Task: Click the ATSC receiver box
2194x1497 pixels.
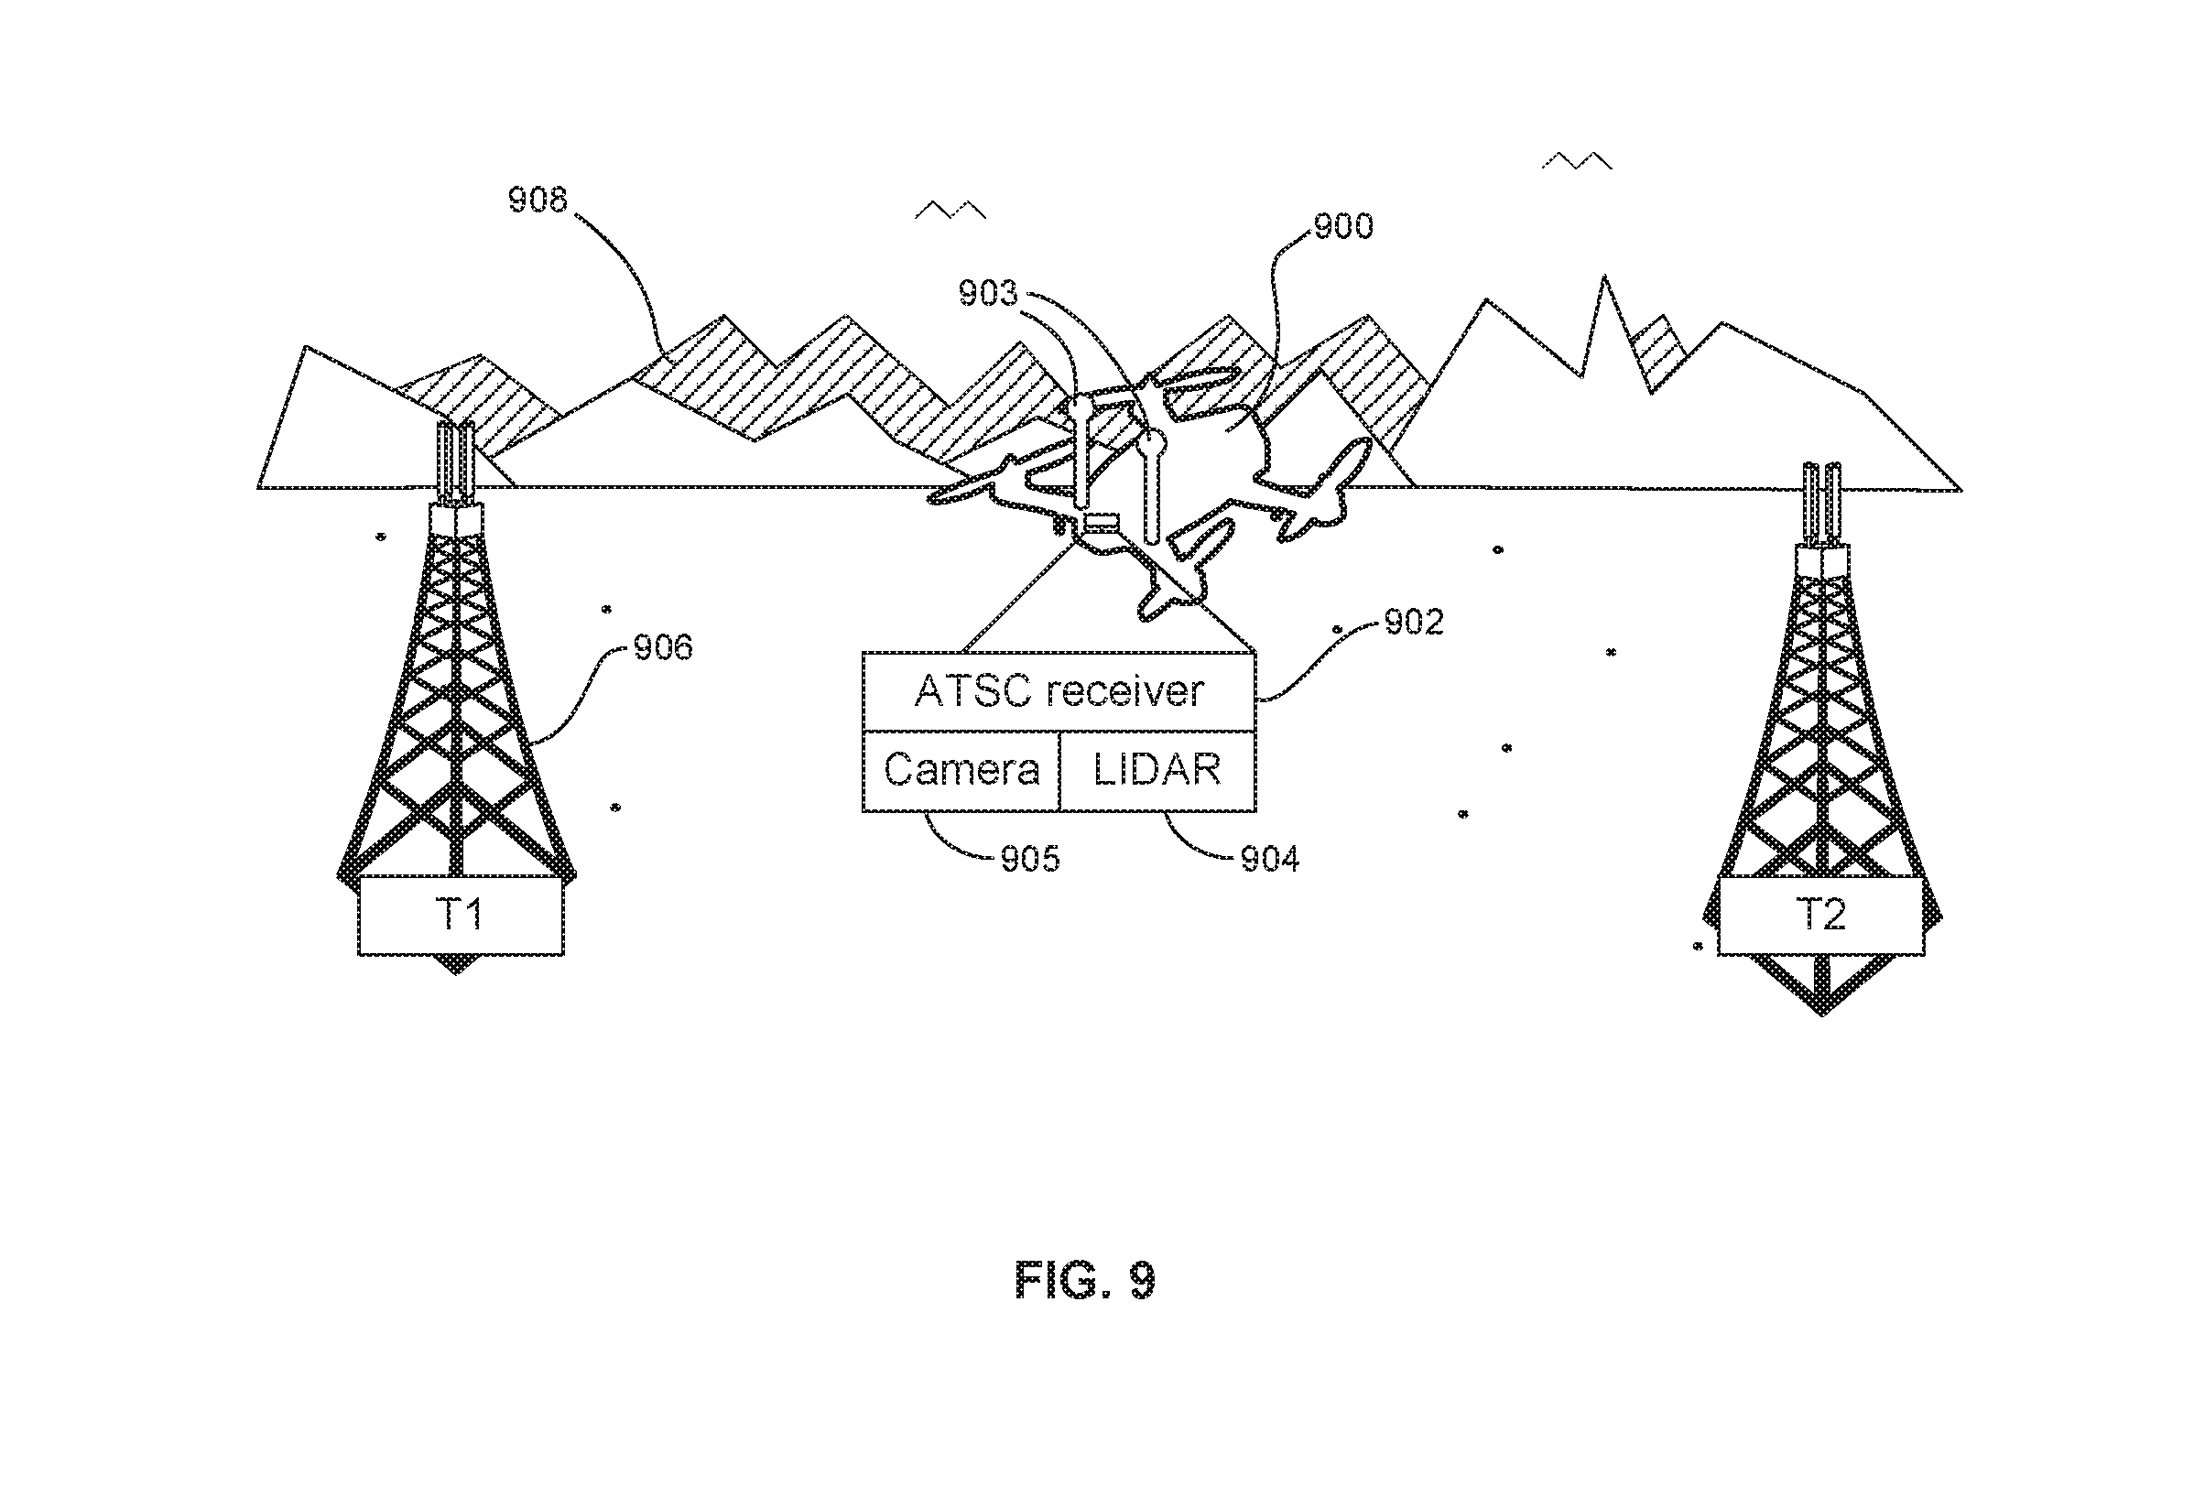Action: (x=1059, y=692)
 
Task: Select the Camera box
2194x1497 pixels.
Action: (x=961, y=771)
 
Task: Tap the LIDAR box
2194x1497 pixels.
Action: (x=1158, y=771)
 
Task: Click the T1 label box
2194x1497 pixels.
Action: (x=461, y=915)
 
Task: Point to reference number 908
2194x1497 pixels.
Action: (x=538, y=201)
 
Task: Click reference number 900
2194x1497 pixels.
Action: (x=1343, y=226)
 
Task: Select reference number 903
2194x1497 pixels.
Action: (x=988, y=294)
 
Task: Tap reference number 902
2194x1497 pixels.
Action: (x=1414, y=622)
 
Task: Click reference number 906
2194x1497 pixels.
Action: (x=663, y=647)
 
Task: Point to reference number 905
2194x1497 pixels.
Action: (x=1030, y=859)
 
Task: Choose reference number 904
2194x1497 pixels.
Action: (x=1270, y=859)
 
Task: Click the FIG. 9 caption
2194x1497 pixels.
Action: (x=1086, y=1281)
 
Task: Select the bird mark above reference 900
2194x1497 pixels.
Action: (x=950, y=210)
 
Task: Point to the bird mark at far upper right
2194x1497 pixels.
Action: (x=1577, y=159)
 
